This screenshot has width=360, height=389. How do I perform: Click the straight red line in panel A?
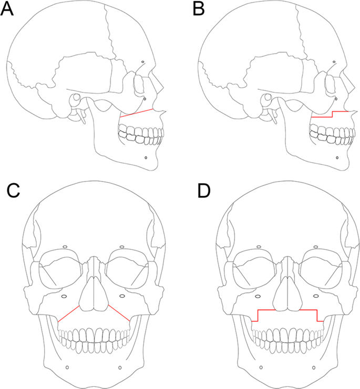(137, 113)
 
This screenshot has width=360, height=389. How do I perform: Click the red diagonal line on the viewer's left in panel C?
(69, 313)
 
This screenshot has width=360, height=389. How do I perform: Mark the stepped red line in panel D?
(287, 310)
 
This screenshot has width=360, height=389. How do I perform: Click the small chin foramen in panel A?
(145, 156)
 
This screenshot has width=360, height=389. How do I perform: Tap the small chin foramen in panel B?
(337, 156)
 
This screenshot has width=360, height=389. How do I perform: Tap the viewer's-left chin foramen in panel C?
(67, 367)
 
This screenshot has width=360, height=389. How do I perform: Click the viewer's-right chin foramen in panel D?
(314, 367)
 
